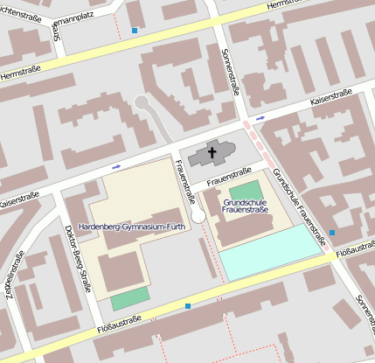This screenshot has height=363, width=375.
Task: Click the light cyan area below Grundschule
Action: [270, 252]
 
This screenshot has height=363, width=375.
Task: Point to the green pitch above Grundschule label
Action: [246, 190]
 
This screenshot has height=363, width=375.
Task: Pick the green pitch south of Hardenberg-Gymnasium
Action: [129, 298]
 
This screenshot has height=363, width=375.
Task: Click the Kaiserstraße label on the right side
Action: [336, 103]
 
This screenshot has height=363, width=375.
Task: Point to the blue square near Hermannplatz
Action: [134, 31]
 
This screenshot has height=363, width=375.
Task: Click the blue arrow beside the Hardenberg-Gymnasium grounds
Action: [116, 165]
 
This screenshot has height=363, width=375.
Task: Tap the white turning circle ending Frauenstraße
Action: [198, 215]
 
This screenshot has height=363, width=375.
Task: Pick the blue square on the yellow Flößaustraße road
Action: [188, 306]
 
